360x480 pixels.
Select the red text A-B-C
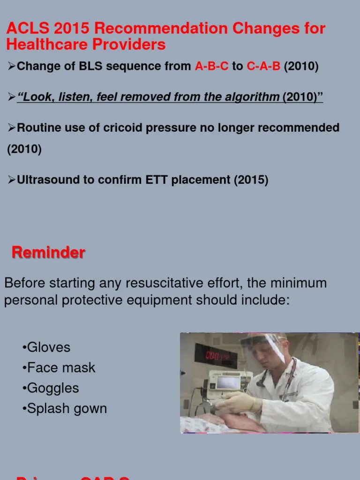[212, 67]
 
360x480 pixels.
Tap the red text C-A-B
[263, 67]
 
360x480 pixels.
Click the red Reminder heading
[48, 253]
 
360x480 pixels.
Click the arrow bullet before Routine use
[12, 128]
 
